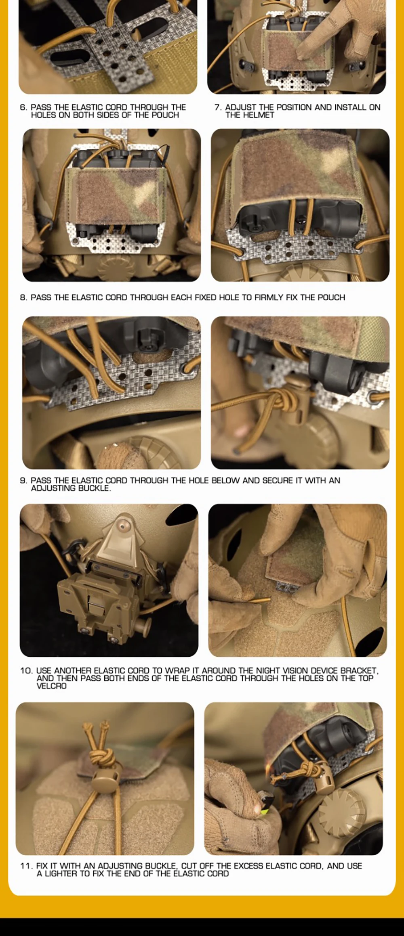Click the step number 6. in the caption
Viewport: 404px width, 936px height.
[x=23, y=107]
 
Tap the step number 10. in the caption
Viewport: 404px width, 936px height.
[x=27, y=671]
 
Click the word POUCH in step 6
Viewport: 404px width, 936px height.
[x=165, y=115]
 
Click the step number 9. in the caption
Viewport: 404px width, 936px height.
[x=23, y=481]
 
